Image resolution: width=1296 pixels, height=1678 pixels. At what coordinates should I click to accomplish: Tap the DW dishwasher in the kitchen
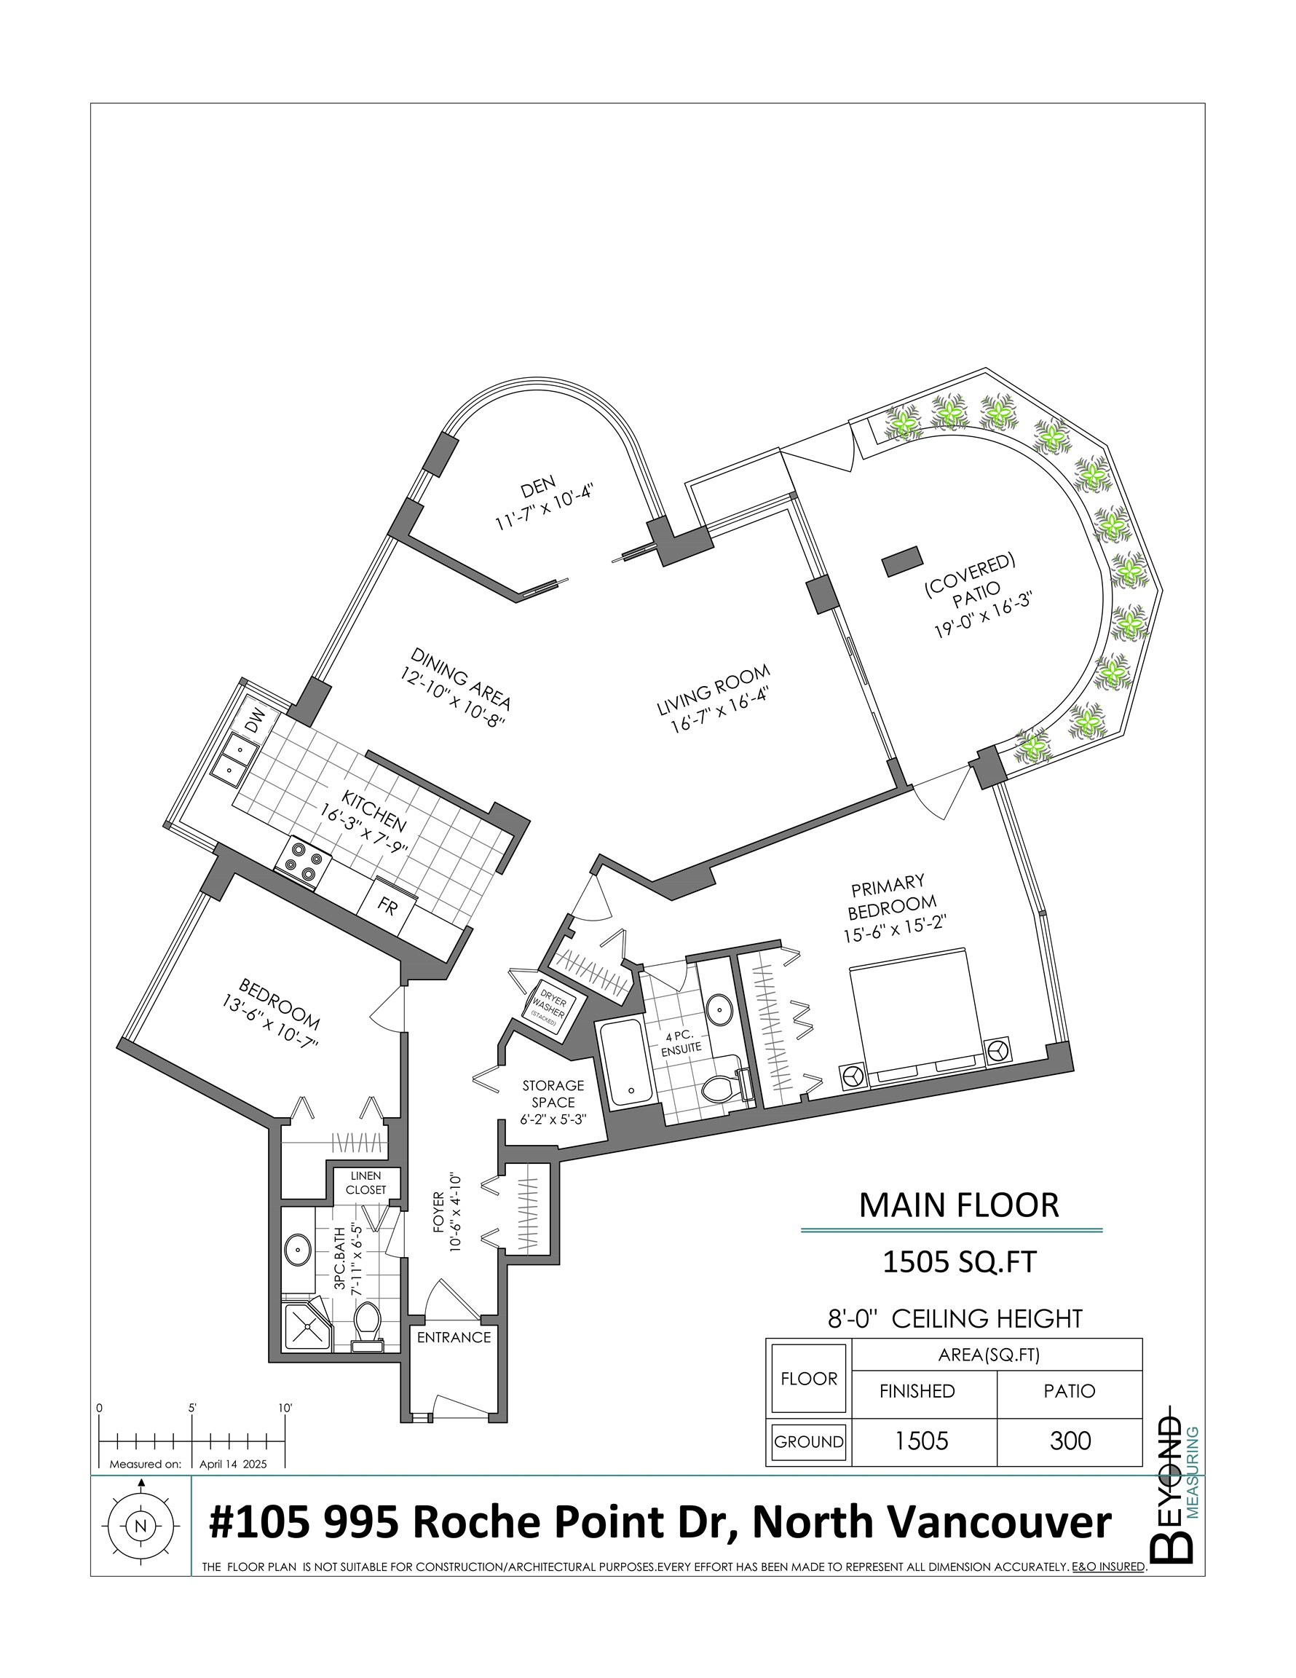pos(255,720)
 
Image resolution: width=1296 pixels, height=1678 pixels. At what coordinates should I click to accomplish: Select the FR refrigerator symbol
pos(388,907)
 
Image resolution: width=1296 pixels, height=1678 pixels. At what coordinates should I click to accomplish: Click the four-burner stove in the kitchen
pos(303,863)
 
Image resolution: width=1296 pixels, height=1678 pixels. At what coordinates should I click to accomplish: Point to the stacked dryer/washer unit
pos(549,1008)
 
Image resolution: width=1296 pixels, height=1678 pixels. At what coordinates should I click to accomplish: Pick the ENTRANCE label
pos(454,1338)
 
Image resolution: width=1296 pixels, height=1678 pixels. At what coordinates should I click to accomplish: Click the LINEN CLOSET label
pos(366,1183)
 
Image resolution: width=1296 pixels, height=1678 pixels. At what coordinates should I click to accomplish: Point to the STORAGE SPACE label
pos(553,1093)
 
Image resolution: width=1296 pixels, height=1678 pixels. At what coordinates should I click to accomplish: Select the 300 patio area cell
pos(1070,1441)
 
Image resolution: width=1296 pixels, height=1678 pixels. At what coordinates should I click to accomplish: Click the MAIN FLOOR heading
pos(959,1205)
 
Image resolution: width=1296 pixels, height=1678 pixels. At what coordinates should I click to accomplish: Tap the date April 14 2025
pos(233,1465)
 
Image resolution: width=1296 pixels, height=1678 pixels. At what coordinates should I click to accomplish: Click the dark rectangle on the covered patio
pos(902,561)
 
